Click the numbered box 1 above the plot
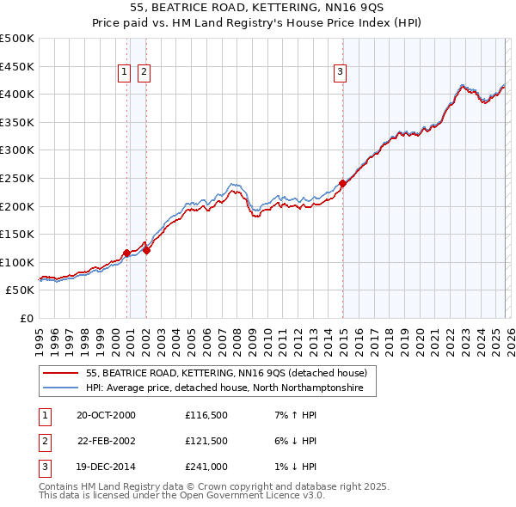[126, 73]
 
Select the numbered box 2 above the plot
[144, 73]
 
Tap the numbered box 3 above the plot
[341, 73]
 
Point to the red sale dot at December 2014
[343, 183]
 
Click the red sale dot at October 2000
[126, 253]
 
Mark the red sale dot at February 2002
[146, 250]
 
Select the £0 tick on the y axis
[27, 318]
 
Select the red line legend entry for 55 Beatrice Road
[227, 373]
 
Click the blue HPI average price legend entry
[224, 388]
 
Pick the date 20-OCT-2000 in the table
[106, 415]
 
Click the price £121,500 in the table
[206, 441]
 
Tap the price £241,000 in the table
[206, 467]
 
